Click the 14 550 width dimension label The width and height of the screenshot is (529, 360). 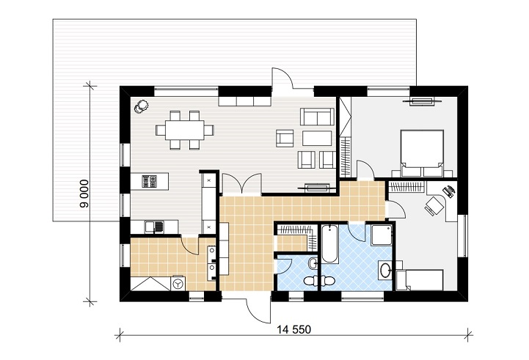coord(294,329)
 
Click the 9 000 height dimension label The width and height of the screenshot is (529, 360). coord(84,194)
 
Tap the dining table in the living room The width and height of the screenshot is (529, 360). coord(185,130)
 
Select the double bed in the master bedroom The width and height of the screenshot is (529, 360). coord(422,153)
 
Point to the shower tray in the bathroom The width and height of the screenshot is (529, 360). coord(382,235)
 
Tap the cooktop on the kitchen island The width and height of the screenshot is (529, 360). coord(149,181)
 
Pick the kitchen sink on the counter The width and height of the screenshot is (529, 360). coord(154,227)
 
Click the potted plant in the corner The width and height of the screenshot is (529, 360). coord(142,106)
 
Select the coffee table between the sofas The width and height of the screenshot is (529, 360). coord(317,138)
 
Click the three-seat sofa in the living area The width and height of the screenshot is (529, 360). coord(317,117)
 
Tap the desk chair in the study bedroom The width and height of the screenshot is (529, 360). coord(432,205)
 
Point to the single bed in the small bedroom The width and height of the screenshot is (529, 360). coord(420,280)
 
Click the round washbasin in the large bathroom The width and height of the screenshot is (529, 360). coord(384,270)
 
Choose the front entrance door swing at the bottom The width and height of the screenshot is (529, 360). coord(259,308)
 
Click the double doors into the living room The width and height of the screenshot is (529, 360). coord(242,184)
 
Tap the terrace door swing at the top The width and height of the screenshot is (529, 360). coord(282,78)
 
